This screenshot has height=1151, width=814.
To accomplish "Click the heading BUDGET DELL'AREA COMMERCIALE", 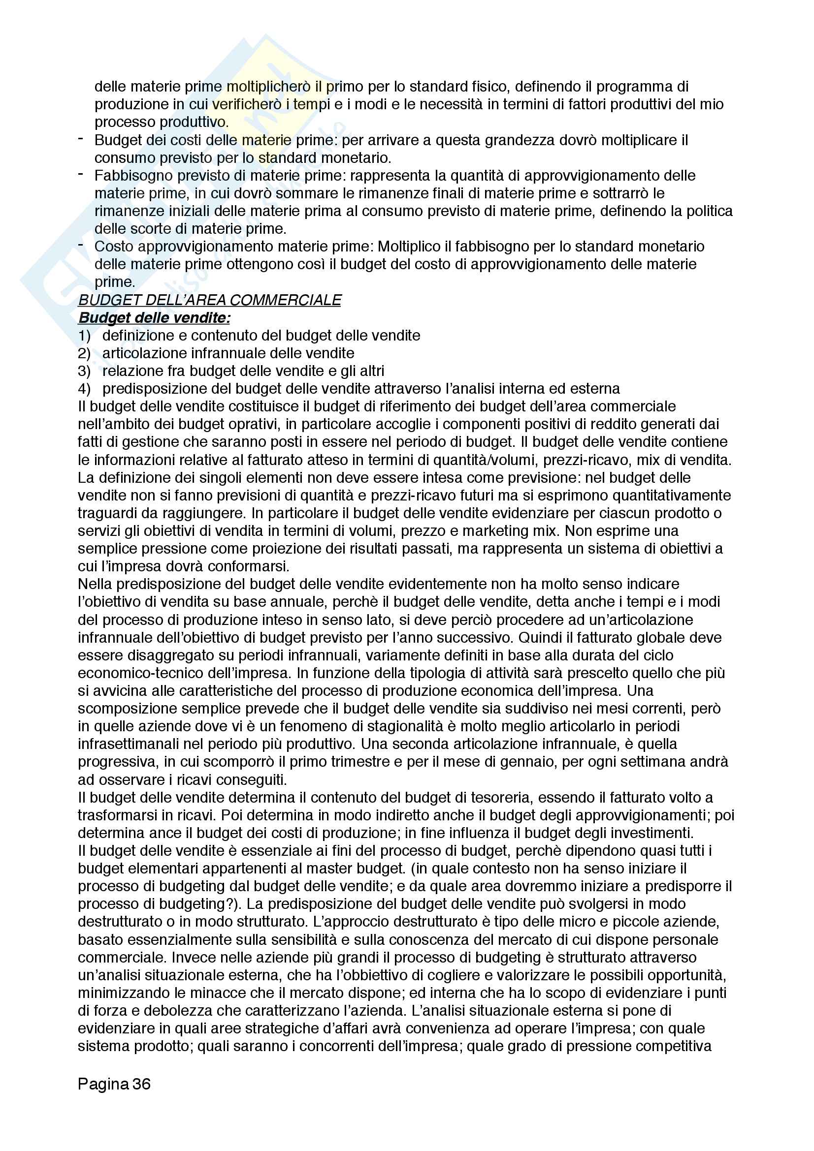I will pos(210,300).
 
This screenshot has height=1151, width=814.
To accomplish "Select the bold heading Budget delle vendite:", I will pos(155,318).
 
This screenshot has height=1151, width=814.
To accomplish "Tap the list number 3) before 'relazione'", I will pos(84,371).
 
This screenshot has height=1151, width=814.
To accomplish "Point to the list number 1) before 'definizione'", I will pos(84,336).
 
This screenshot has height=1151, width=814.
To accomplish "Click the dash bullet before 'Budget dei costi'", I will pos(81,138).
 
